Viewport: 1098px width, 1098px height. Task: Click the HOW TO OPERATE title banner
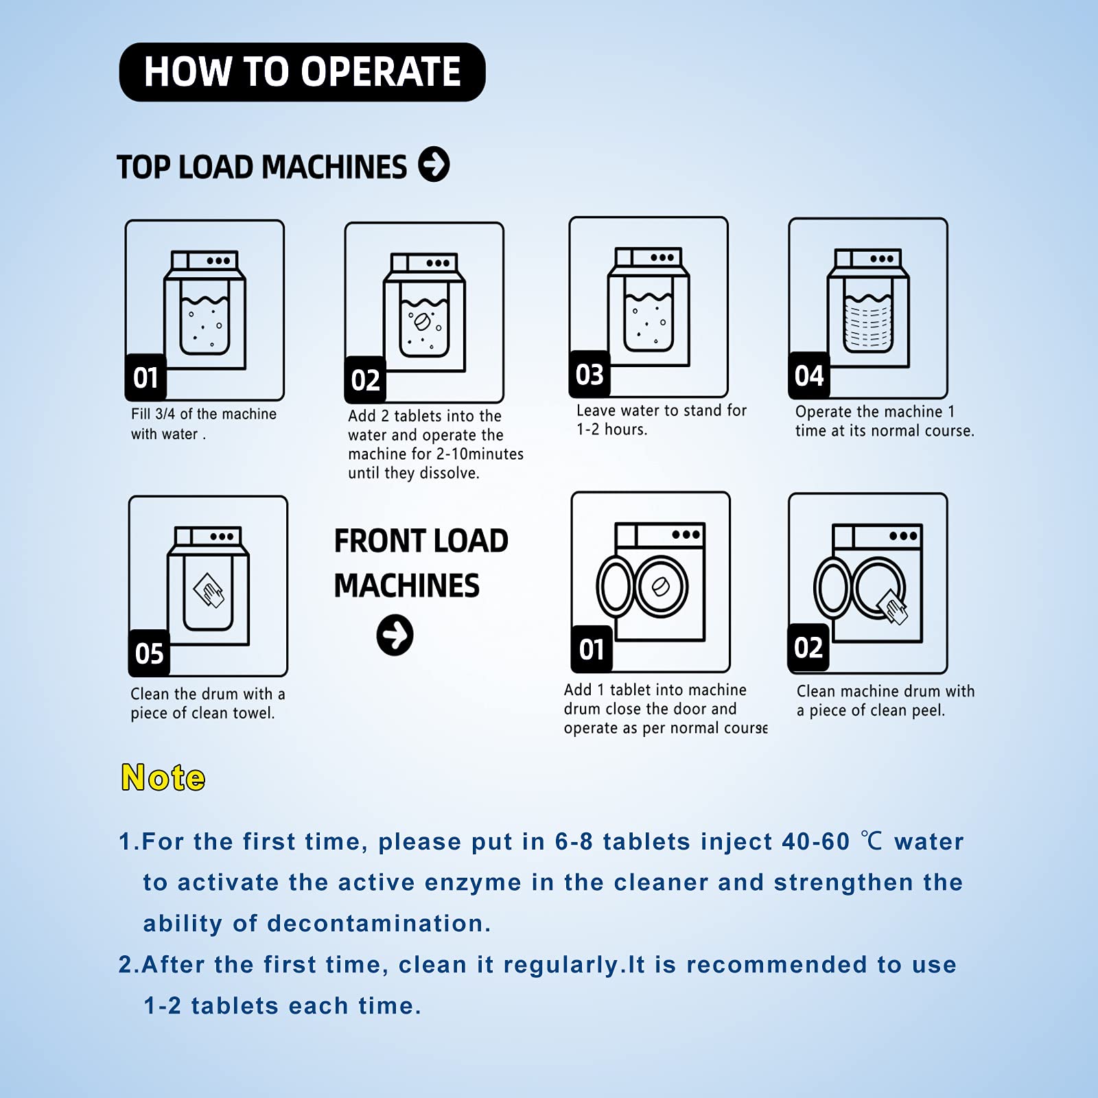coord(302,72)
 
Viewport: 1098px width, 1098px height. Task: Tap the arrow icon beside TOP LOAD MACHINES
coord(434,164)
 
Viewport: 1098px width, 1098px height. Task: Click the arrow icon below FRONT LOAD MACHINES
coord(395,635)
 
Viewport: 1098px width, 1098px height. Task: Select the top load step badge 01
coord(145,377)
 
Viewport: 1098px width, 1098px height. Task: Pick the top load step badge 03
coord(589,375)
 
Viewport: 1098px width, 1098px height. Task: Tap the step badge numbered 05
coord(149,653)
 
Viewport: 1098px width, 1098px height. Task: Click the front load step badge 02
coord(808,648)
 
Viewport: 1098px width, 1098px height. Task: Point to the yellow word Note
coord(163,778)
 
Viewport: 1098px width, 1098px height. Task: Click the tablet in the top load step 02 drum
coord(420,322)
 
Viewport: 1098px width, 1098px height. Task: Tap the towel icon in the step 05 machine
coord(209,590)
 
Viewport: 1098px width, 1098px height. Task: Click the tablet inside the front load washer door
coord(660,587)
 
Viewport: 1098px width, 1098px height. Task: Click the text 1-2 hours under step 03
coord(611,430)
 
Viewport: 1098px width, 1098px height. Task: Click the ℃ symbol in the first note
coord(872,841)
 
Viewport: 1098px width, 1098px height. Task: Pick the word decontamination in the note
coord(379,924)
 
